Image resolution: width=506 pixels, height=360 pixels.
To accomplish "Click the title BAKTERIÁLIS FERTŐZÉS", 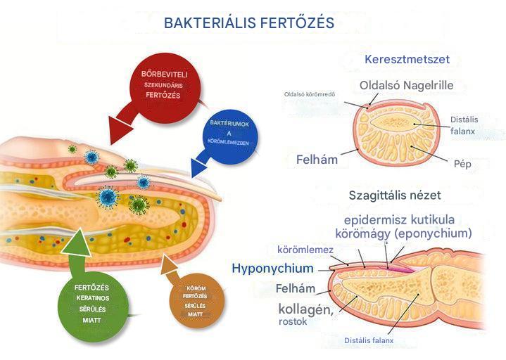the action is click(x=249, y=23).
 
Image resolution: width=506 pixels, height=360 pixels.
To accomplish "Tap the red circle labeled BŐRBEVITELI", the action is click(x=165, y=88).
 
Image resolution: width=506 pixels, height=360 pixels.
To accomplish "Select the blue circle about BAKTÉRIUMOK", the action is click(x=230, y=132).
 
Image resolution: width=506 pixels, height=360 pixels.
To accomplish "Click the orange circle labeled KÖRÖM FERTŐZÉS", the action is click(x=197, y=301).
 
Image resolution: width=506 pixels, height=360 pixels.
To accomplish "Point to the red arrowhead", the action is click(x=120, y=131).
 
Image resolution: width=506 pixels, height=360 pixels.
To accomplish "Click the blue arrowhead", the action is click(x=198, y=167).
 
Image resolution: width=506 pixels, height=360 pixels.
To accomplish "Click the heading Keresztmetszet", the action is click(x=407, y=59).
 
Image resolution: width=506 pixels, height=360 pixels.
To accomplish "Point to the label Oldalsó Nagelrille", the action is click(x=406, y=85).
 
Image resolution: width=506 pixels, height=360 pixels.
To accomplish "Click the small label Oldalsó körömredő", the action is click(x=310, y=94).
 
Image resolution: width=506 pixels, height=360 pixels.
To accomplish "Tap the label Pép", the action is click(x=462, y=164).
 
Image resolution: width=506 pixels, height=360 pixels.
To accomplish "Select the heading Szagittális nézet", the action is click(x=395, y=195).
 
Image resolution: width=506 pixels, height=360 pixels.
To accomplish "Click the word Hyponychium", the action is click(x=272, y=269).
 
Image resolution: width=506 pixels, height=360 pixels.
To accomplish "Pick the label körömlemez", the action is click(x=305, y=250).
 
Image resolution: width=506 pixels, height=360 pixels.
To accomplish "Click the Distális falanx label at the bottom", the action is click(x=369, y=340).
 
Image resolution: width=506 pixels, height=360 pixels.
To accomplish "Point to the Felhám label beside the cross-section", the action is click(x=317, y=160).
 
